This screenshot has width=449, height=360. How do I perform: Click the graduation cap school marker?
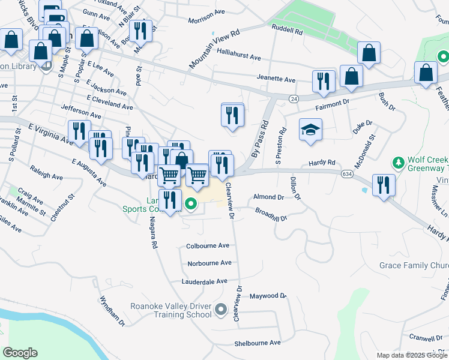[x=310, y=130]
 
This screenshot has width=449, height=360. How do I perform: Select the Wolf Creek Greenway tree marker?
[x=397, y=163]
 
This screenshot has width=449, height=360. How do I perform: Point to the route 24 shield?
[x=294, y=98]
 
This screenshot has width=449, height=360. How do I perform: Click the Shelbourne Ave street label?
[x=258, y=343]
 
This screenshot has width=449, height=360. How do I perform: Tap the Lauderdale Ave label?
[x=205, y=281]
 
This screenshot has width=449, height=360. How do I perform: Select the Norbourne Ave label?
[x=209, y=263]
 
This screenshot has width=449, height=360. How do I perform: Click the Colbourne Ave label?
[x=208, y=245]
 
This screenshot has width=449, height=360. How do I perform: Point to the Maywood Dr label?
[x=268, y=296]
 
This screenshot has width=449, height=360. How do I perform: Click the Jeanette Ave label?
[x=276, y=80]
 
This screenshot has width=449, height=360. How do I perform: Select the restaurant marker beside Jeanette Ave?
[x=324, y=82]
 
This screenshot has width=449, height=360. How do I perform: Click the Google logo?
[x=20, y=353]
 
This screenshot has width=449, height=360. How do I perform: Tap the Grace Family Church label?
[x=414, y=265]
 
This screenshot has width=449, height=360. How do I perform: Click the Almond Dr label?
[x=268, y=197]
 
